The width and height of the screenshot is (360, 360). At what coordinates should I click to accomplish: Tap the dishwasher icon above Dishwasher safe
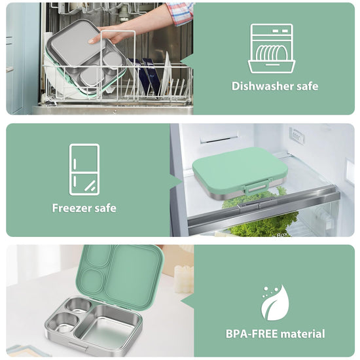tap(272, 48)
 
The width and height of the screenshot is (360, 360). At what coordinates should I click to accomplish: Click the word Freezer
tap(72, 208)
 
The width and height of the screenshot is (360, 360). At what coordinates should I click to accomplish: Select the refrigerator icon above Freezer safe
tap(84, 170)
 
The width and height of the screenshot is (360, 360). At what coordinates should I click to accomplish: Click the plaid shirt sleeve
tap(181, 13)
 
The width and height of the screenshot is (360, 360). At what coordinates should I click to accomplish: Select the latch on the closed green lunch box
tap(255, 188)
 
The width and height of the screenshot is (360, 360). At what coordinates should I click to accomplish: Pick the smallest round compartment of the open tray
tap(79, 306)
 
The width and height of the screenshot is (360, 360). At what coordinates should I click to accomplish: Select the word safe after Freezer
tap(105, 208)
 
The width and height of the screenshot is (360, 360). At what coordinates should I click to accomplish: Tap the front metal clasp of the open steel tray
tap(78, 346)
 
